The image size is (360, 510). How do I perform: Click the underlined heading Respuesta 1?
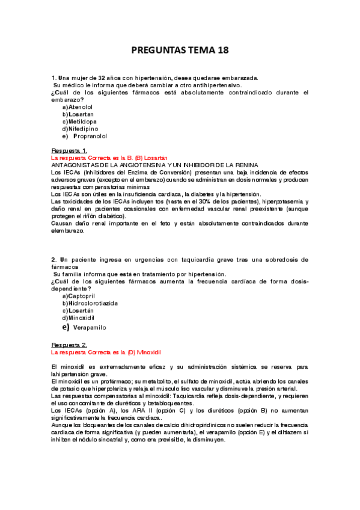[70, 150]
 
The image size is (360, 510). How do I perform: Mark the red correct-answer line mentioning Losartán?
[109, 157]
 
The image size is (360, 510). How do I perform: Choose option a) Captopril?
[77, 296]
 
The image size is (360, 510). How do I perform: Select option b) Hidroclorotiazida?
[90, 304]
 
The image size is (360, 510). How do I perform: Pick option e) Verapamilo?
[84, 328]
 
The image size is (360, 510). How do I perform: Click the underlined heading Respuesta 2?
[70, 345]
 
